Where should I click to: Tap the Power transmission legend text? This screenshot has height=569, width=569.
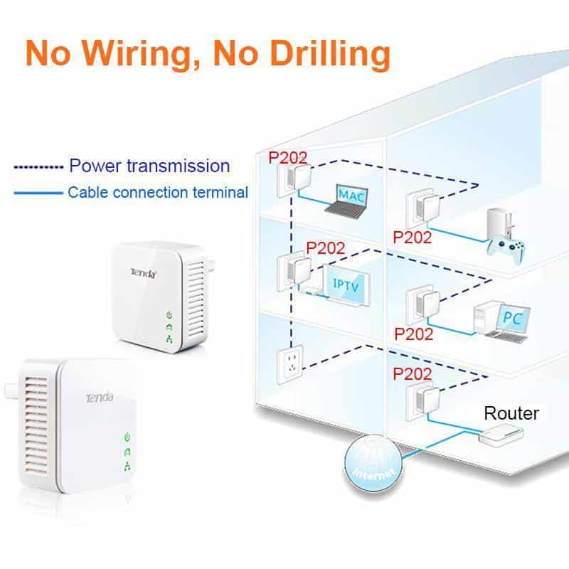pyautogui.click(x=149, y=166)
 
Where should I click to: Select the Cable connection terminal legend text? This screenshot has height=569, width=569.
pyautogui.click(x=158, y=192)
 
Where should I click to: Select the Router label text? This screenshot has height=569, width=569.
pyautogui.click(x=511, y=413)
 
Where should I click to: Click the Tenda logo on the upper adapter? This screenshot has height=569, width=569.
pyautogui.click(x=142, y=272)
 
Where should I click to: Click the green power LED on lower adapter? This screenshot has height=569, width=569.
pyautogui.click(x=127, y=436)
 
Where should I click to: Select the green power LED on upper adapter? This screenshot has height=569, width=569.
pyautogui.click(x=169, y=314)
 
